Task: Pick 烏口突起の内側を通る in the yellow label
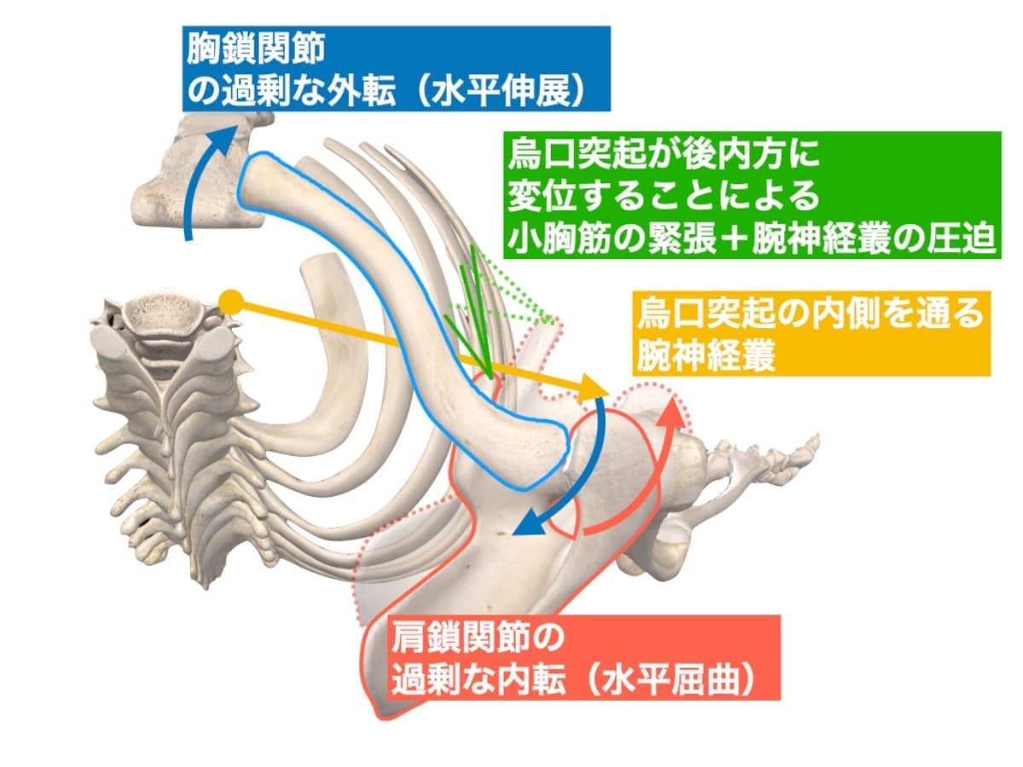811,314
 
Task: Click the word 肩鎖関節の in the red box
477,637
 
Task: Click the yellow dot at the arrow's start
230,301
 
